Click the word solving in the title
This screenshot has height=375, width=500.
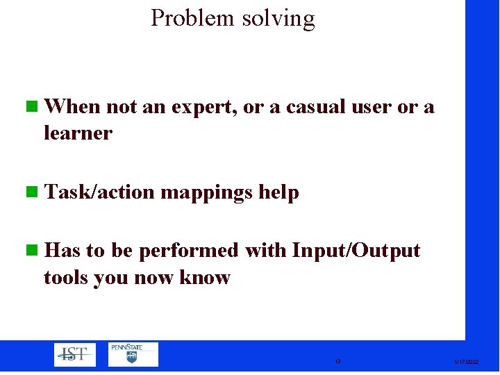pyautogui.click(x=278, y=19)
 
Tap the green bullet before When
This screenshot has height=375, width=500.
pyautogui.click(x=31, y=107)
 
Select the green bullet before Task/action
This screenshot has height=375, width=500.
pyautogui.click(x=31, y=192)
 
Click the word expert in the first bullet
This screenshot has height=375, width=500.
pyautogui.click(x=205, y=108)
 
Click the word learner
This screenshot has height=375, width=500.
pyautogui.click(x=78, y=133)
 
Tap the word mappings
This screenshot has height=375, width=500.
pyautogui.click(x=207, y=193)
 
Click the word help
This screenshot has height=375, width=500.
pyautogui.click(x=278, y=192)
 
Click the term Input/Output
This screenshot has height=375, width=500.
pyautogui.click(x=356, y=250)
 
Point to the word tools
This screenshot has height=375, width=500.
pyautogui.click(x=67, y=278)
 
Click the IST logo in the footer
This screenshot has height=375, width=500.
pyautogui.click(x=75, y=354)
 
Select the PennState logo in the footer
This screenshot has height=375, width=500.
pyautogui.click(x=133, y=354)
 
